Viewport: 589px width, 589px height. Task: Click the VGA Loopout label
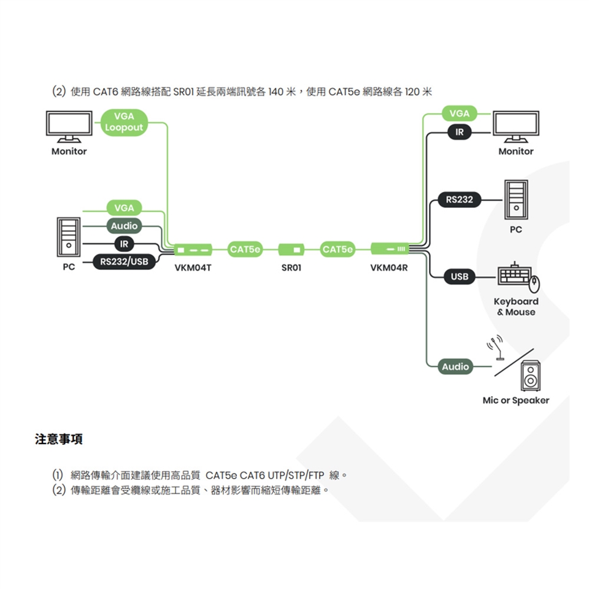[x=124, y=121]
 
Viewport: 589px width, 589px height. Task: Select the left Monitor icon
[x=69, y=126]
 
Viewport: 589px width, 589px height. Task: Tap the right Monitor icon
[x=516, y=126]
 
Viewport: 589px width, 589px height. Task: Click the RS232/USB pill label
[x=124, y=262]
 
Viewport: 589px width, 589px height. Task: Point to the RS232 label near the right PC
[x=460, y=199]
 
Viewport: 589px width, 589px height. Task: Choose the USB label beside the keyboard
[x=460, y=277]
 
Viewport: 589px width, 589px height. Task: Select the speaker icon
[x=531, y=375]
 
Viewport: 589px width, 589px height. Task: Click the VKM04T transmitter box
[x=193, y=250]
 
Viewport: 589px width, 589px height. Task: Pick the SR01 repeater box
[x=291, y=250]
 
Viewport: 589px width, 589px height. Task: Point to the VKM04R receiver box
[x=390, y=248]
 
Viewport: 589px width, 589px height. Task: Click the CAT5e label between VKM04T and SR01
[x=245, y=250]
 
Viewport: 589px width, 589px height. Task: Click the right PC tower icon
[x=516, y=200]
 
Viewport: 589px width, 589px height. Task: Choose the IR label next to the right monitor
[x=459, y=132]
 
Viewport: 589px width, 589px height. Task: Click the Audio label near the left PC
[x=125, y=226]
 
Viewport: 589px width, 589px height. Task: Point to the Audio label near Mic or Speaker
[x=456, y=366]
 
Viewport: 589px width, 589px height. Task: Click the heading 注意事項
[x=59, y=439]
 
